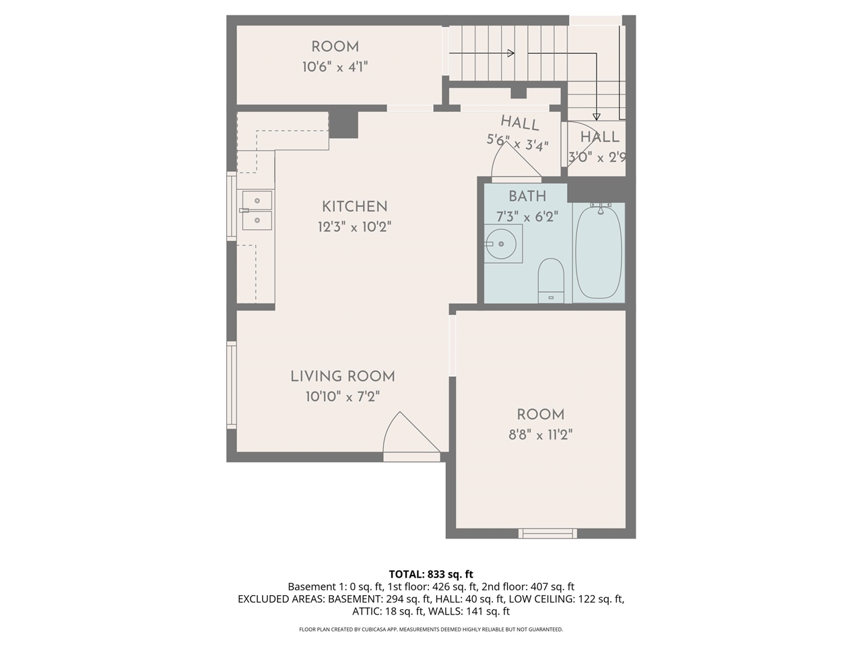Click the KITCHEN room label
pos(354,207)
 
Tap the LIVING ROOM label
pos(342,377)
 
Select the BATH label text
pos(527,197)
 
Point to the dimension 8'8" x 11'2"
pos(540,435)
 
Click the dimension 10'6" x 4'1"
pos(335,67)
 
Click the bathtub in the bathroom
pos(598,253)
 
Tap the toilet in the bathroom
pos(551,280)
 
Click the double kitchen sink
pos(257,210)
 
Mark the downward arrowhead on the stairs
pos(597,115)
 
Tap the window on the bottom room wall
pos(548,533)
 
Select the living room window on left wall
pos(232,384)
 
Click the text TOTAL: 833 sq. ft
pos(431,574)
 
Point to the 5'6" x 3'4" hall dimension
pos(517,143)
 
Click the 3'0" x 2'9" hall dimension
pos(597,158)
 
